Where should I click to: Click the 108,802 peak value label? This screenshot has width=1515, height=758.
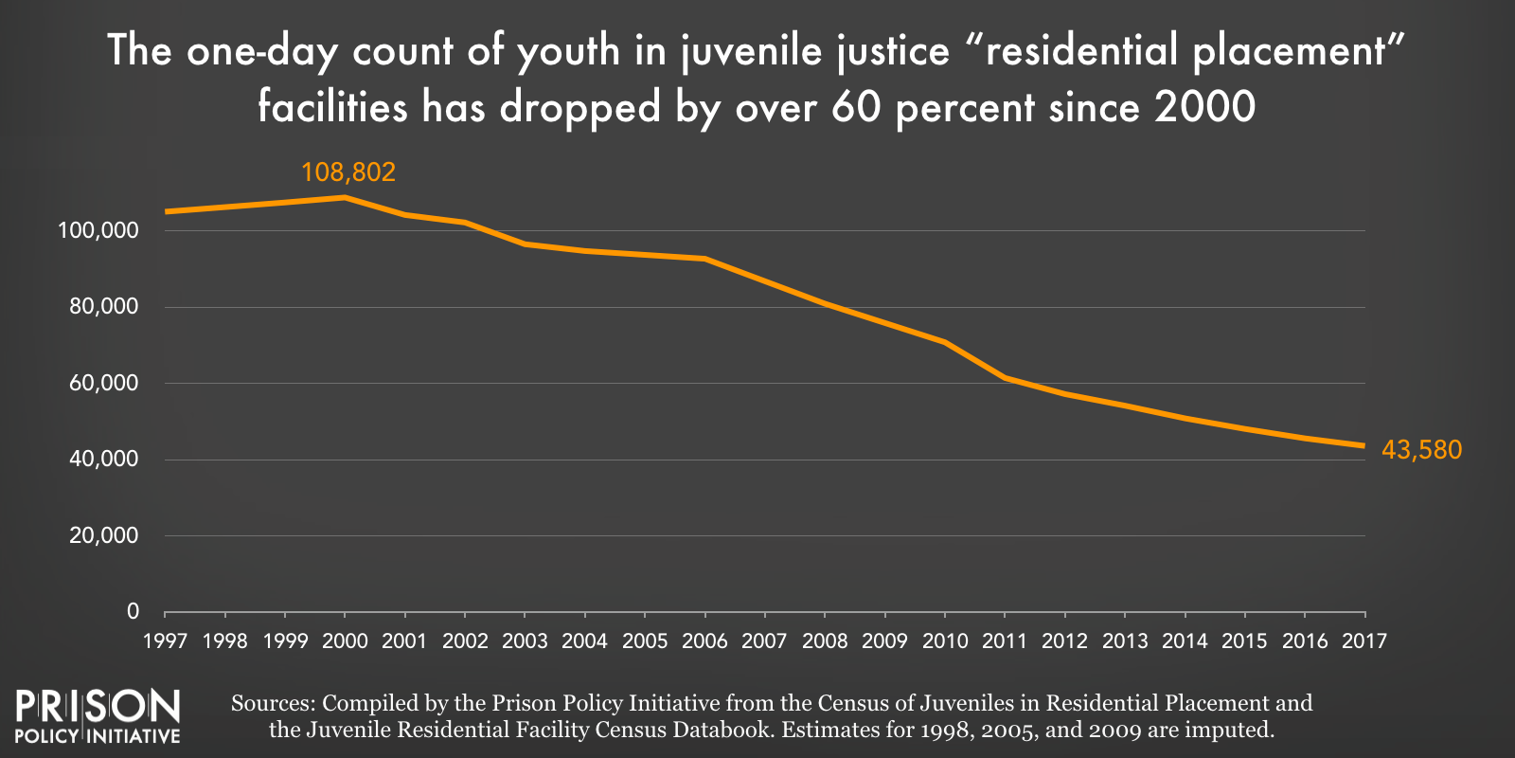[348, 172]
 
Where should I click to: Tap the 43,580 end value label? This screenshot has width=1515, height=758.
[1421, 450]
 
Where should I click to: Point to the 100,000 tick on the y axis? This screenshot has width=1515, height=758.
[98, 230]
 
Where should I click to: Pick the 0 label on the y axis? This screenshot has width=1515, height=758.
[133, 611]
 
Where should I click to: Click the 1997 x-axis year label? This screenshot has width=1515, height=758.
[165, 641]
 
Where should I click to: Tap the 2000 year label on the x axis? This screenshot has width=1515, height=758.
[345, 641]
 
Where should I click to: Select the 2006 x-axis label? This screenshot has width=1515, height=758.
[704, 641]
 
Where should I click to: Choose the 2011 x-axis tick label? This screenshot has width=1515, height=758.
[1005, 641]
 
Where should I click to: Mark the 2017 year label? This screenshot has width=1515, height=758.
[1364, 641]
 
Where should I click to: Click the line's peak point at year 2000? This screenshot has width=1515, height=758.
[345, 197]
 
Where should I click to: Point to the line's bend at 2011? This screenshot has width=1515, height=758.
[1005, 378]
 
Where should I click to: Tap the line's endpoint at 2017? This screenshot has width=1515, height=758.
[1363, 445]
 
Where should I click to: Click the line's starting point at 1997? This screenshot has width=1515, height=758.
[167, 211]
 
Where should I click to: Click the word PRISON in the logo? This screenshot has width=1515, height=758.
[98, 707]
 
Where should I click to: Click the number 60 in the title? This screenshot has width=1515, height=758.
[857, 107]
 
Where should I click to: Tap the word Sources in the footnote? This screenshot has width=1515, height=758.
[272, 703]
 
